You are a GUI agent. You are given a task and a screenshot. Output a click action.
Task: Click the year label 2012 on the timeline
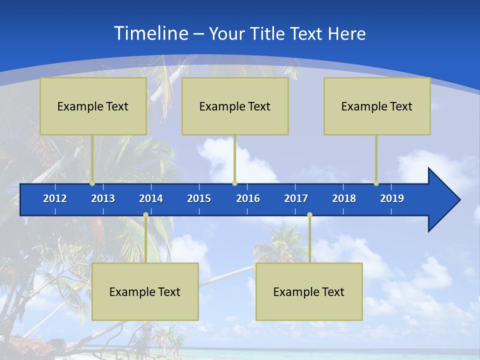tap(55, 198)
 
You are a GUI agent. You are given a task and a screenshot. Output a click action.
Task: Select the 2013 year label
tap(103, 198)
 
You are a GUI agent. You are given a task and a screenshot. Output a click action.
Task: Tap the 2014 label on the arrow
tap(151, 198)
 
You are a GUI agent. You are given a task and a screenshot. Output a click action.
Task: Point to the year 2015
tap(199, 198)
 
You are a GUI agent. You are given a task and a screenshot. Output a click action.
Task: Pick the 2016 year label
tap(248, 198)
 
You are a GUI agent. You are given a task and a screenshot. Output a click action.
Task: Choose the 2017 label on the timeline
tap(296, 198)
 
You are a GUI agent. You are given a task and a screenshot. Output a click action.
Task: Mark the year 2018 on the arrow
tap(344, 198)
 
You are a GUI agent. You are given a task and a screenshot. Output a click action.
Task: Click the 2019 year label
tap(392, 198)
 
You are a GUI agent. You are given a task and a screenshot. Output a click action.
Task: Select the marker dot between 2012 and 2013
tap(92, 183)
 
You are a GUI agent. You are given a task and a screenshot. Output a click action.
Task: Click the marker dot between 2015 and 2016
tap(234, 183)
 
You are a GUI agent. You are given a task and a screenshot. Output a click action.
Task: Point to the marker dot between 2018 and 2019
tap(376, 183)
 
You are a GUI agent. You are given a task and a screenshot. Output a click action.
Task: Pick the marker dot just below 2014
tap(145, 215)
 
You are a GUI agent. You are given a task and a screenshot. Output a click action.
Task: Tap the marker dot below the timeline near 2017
tap(309, 215)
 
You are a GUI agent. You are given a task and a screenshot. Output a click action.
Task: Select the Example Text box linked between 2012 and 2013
tap(93, 106)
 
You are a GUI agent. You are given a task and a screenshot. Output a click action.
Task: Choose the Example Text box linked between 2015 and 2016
tap(235, 106)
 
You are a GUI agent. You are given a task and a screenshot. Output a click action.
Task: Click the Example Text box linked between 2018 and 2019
tap(377, 106)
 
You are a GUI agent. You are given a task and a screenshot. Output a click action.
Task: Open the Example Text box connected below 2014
tap(145, 292)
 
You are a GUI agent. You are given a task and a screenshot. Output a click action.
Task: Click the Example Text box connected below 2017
tap(309, 292)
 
